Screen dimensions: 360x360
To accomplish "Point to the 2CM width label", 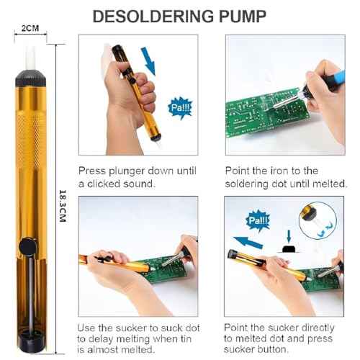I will [x=31, y=28].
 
